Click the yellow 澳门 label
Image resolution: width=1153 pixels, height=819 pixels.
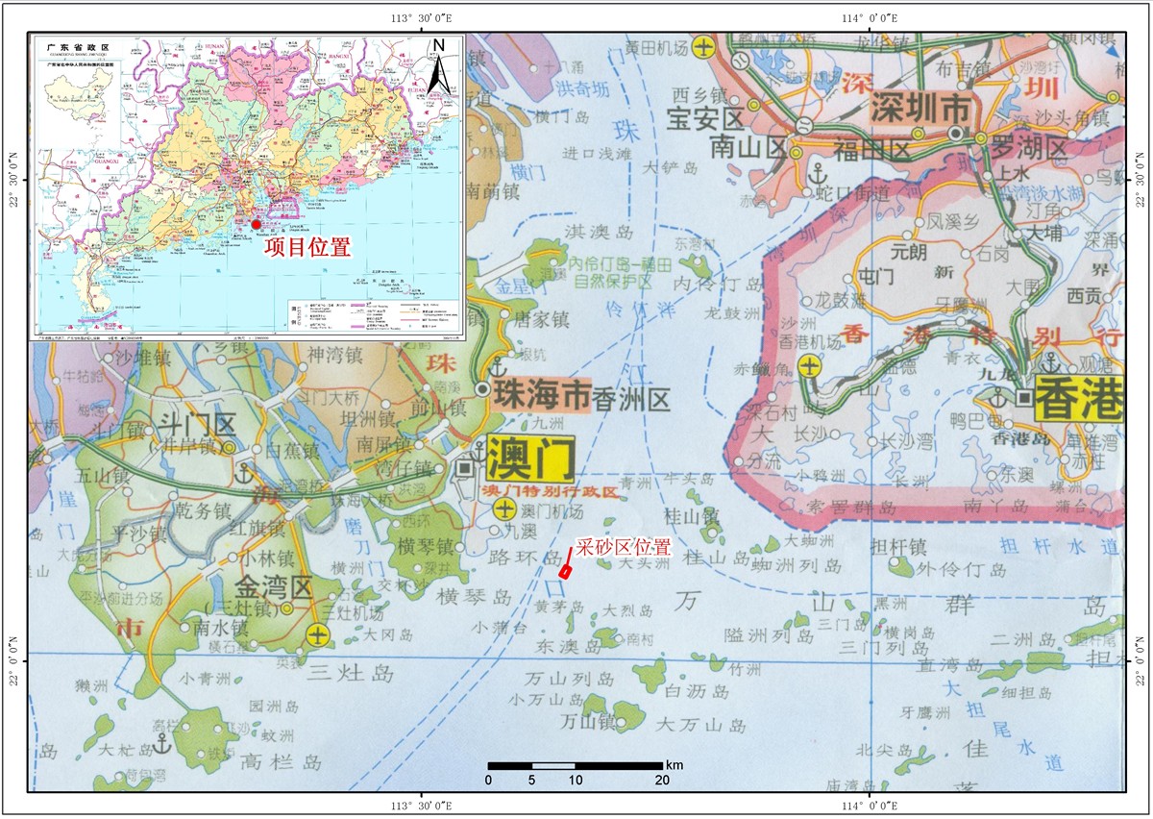pyautogui.click(x=530, y=459)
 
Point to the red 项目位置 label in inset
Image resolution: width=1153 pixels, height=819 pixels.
pyautogui.click(x=307, y=247)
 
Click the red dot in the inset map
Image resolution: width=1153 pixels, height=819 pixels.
pyautogui.click(x=256, y=224)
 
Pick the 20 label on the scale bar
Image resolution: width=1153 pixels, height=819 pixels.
pyautogui.click(x=662, y=779)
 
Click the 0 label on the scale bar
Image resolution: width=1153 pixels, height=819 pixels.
pyautogui.click(x=489, y=779)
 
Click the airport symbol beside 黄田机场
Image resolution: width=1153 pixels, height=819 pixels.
pyautogui.click(x=704, y=46)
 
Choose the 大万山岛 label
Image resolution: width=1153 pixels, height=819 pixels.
pyautogui.click(x=712, y=726)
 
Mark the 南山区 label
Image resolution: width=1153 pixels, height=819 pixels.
pyautogui.click(x=748, y=147)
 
